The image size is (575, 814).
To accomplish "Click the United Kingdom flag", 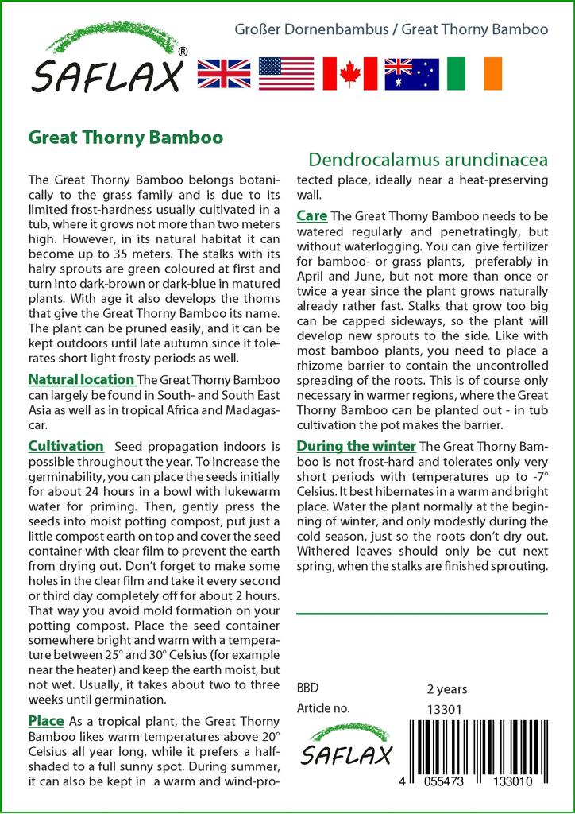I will point(224,73).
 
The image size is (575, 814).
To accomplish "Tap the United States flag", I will point(287,73).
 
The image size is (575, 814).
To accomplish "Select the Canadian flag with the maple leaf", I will point(349,73).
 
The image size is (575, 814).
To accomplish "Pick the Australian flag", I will point(411,73).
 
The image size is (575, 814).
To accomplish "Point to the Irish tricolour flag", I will point(474,73).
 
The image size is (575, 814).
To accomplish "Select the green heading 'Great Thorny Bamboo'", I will point(125,138).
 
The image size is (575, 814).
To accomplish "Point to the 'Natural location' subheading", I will point(81,379).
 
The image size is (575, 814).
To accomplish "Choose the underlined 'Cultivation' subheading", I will point(66,446).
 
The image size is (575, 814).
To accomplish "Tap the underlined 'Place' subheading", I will point(46,721).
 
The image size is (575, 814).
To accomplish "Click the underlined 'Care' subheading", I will point(311,215).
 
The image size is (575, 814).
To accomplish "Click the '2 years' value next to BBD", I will point(447,689).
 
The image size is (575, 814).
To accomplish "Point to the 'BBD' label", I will point(307,689).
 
